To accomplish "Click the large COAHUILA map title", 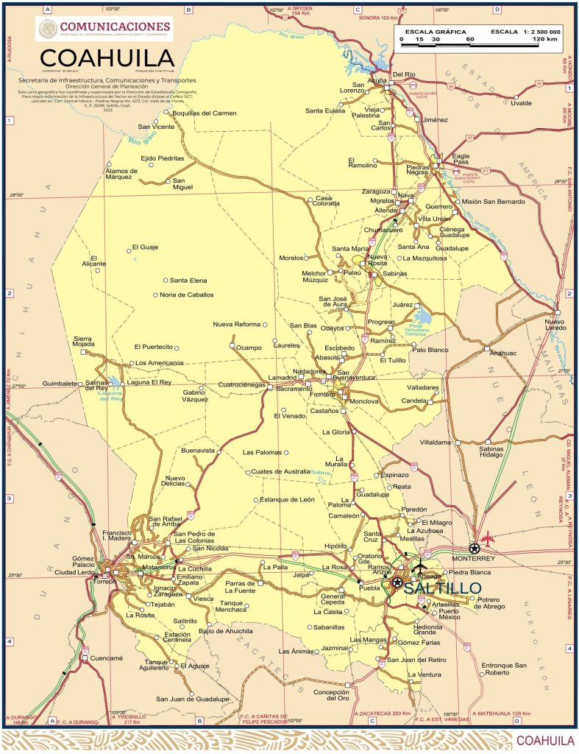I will click(107, 58).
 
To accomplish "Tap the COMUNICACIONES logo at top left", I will click(104, 29).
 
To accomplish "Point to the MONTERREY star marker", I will click(475, 548).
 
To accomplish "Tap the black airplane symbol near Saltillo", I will click(420, 566).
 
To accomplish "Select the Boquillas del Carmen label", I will click(204, 113).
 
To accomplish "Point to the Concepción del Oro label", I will click(330, 695).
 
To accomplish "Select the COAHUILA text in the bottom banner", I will click(545, 740).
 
